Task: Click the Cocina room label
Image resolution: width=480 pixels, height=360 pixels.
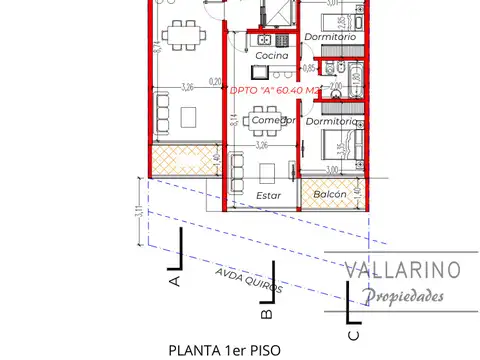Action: (x=271, y=56)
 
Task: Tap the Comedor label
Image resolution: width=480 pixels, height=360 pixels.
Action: (x=273, y=121)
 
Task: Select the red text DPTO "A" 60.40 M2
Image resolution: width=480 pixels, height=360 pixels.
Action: (x=272, y=88)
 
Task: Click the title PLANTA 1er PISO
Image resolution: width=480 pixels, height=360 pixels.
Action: (x=226, y=350)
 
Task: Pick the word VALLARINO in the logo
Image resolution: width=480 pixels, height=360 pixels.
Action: (x=402, y=269)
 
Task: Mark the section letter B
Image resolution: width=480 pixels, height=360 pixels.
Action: (x=266, y=314)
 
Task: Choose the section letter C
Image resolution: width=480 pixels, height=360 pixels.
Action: (x=352, y=336)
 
